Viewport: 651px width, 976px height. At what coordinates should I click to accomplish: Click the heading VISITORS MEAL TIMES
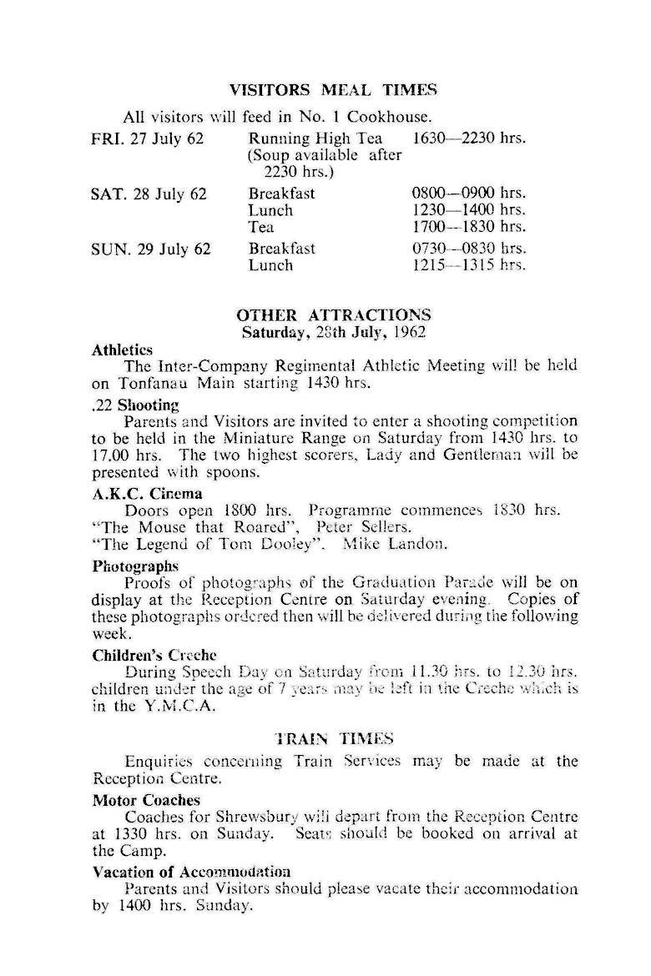click(x=334, y=89)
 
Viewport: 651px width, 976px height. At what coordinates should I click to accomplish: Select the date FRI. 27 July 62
click(x=147, y=138)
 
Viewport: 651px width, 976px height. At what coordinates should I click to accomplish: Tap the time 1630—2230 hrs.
click(x=470, y=138)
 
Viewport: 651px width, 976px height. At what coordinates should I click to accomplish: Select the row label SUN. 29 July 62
click(x=150, y=249)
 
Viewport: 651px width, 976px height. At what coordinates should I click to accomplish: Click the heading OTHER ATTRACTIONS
click(x=334, y=315)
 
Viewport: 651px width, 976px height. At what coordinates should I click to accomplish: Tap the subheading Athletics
click(x=122, y=350)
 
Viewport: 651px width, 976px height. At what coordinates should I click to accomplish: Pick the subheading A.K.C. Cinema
click(x=147, y=493)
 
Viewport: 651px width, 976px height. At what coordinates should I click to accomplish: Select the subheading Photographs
click(x=135, y=566)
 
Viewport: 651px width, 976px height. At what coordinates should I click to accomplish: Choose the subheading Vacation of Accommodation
click(x=191, y=872)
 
